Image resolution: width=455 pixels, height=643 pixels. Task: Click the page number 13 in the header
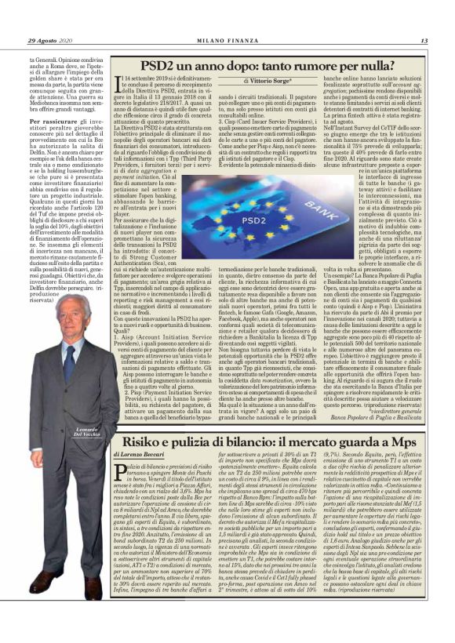coord(424,41)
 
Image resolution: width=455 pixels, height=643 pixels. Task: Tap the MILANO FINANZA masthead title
coord(227,41)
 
